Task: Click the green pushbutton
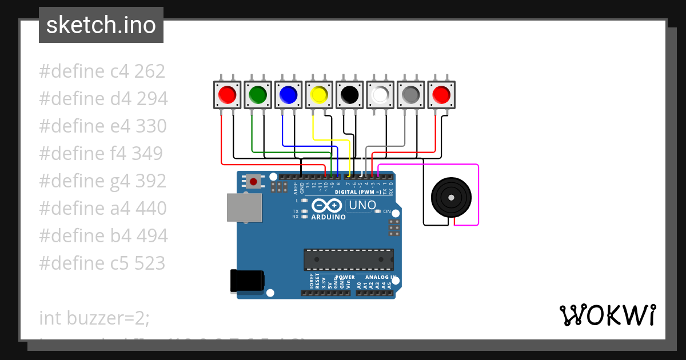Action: [258, 94]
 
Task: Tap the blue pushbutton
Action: [289, 94]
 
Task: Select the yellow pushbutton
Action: [319, 94]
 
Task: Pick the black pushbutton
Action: [349, 94]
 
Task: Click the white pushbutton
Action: [380, 94]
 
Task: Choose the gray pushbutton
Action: [410, 94]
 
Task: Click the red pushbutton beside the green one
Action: [228, 94]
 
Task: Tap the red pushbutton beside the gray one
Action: [441, 94]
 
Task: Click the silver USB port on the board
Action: [244, 207]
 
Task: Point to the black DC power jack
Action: [247, 280]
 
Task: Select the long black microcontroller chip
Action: [349, 259]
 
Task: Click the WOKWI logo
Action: [607, 315]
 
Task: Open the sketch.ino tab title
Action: [101, 25]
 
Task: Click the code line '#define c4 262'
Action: [102, 71]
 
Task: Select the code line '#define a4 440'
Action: [103, 208]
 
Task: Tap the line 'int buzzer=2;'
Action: [94, 318]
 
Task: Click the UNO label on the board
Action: [362, 205]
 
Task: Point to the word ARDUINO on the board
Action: [328, 217]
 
